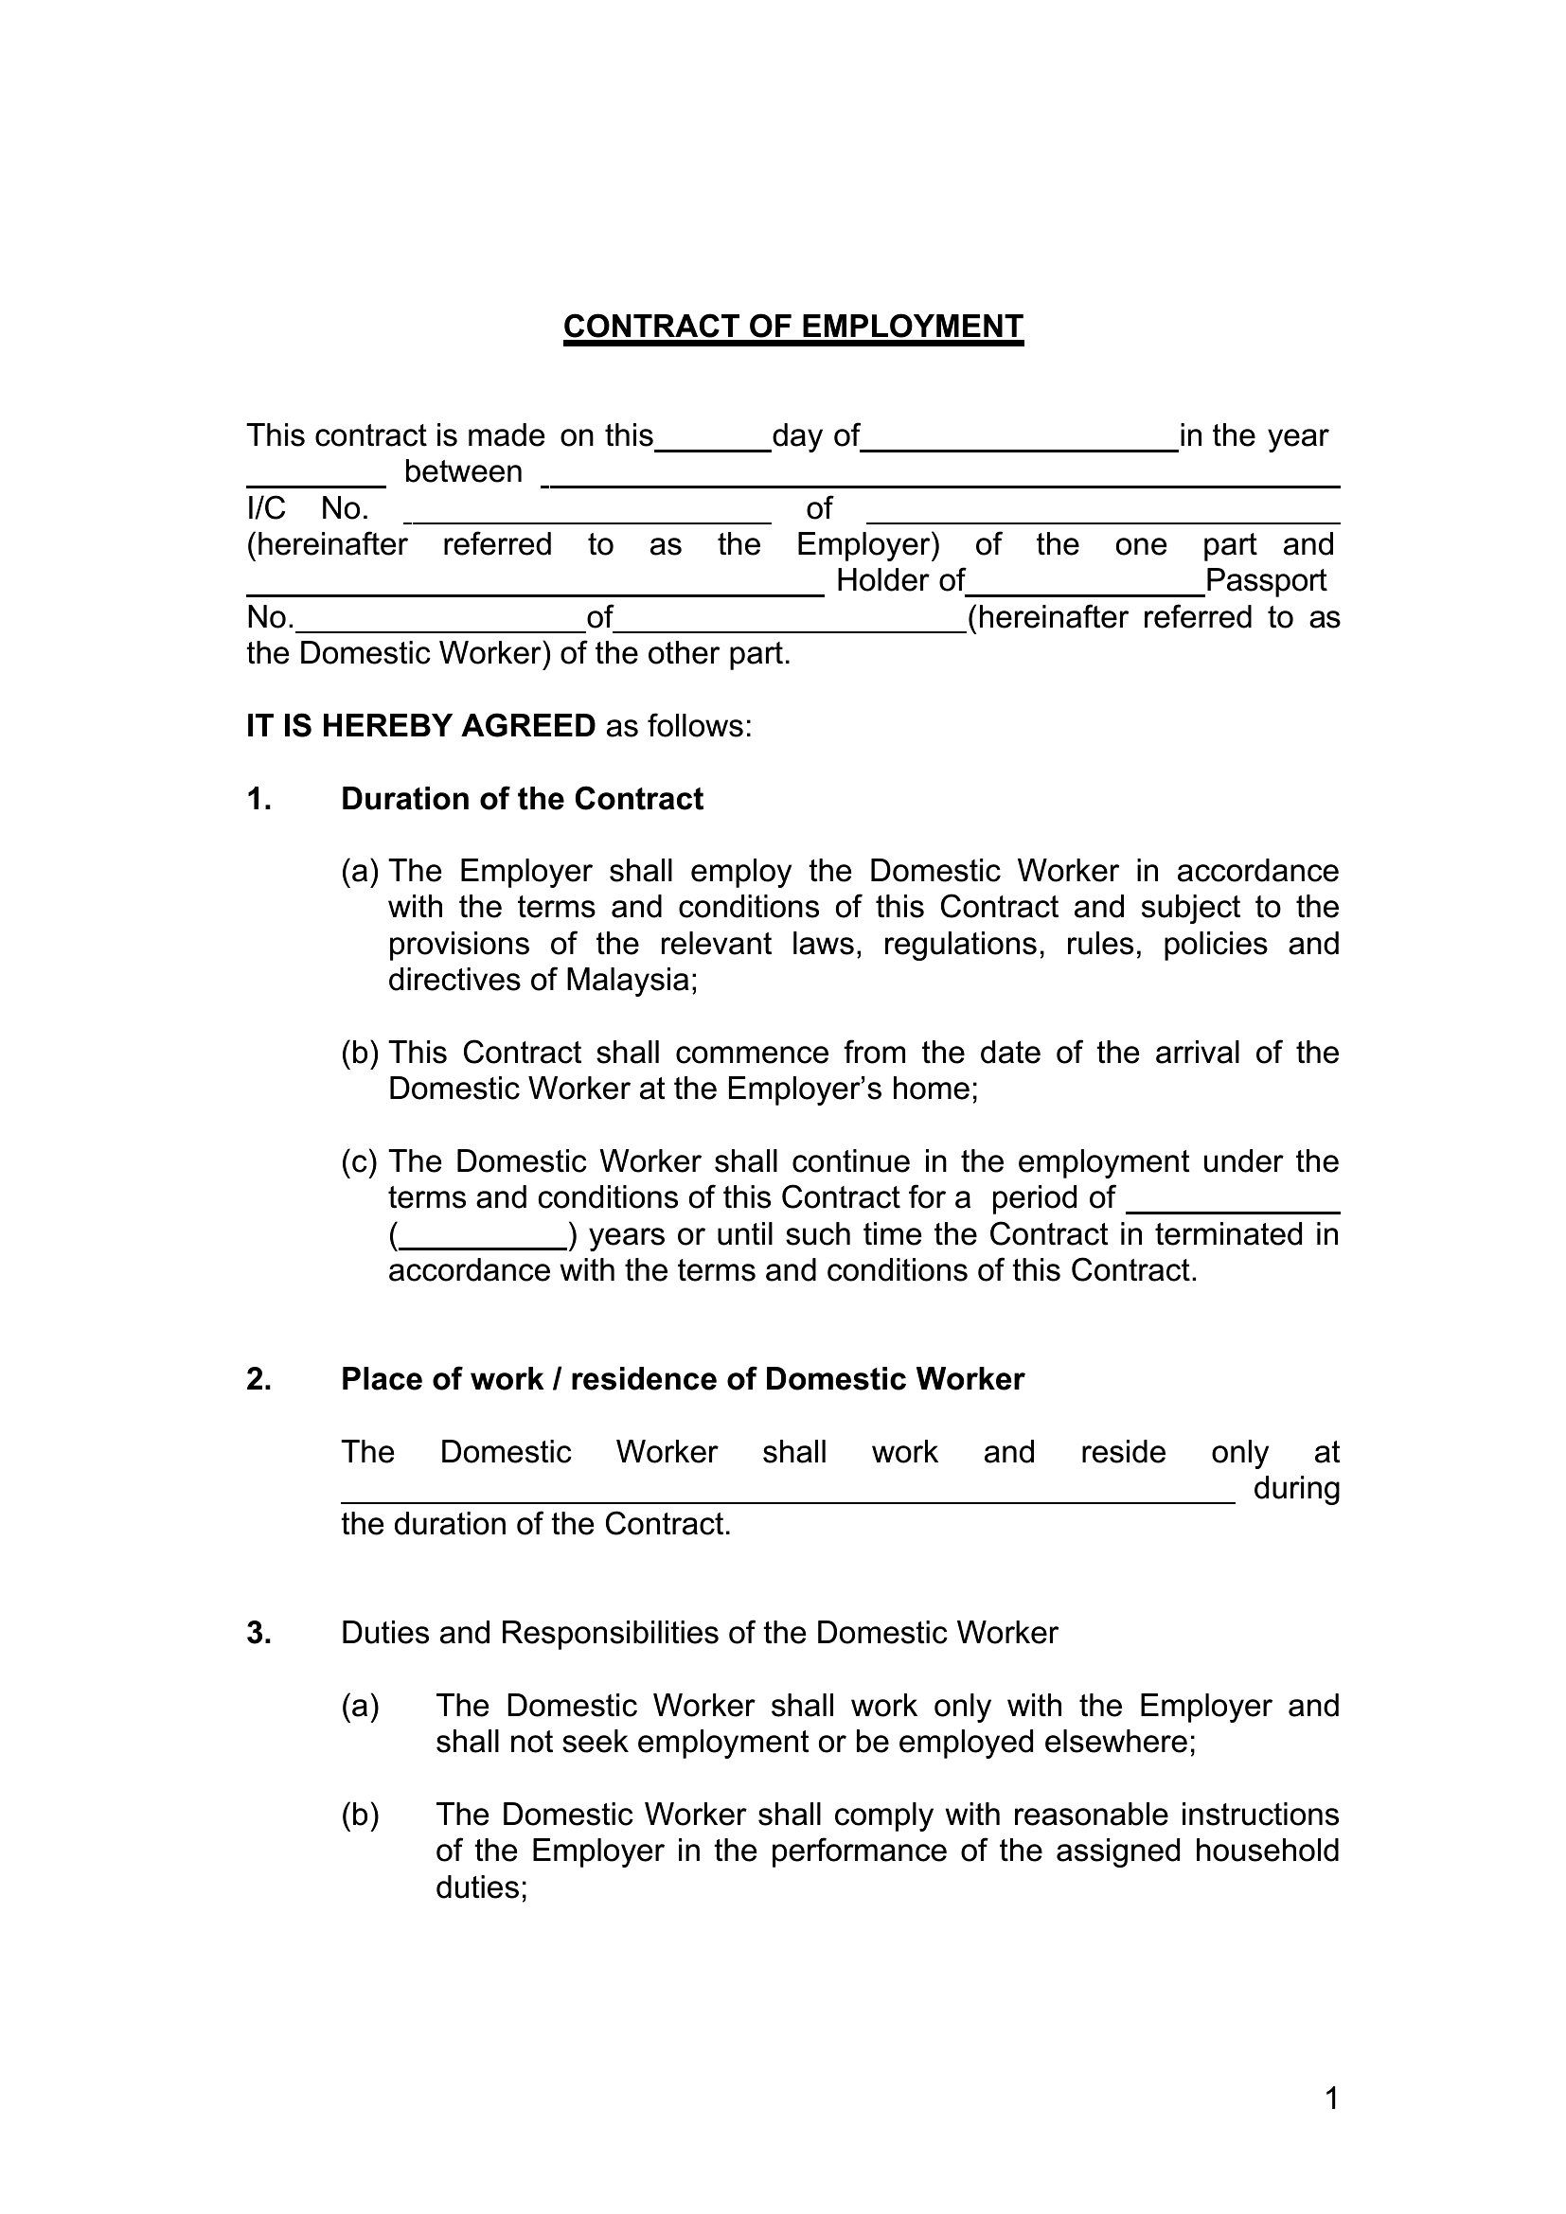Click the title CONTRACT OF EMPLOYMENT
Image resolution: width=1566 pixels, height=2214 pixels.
(x=792, y=327)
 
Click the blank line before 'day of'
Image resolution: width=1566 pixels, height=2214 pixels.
(x=713, y=446)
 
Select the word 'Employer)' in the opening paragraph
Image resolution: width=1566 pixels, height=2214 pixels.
(x=867, y=545)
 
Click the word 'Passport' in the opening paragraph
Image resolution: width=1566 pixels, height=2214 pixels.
(x=1266, y=580)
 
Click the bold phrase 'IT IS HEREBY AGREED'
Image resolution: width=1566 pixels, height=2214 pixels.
(x=420, y=725)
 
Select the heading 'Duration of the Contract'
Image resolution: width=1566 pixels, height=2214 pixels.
(x=522, y=799)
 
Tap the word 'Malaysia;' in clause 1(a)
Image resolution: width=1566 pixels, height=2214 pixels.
(x=631, y=980)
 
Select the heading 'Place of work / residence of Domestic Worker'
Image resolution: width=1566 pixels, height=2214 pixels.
(x=682, y=1379)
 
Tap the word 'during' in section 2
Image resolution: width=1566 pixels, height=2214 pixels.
(x=1296, y=1489)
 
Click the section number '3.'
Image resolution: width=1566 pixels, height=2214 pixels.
(x=258, y=1633)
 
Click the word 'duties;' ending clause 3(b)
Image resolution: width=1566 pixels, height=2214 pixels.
(x=481, y=1887)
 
